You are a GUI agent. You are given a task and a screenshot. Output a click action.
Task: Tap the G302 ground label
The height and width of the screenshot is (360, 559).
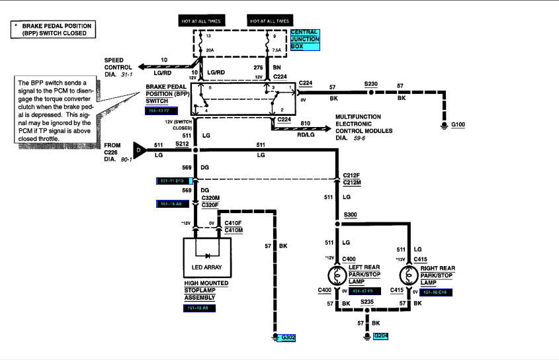click(x=288, y=337)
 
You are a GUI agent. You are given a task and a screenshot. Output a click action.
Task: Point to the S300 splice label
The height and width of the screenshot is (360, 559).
click(x=350, y=216)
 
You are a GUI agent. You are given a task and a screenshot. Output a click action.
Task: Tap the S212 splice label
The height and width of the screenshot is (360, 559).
click(x=182, y=144)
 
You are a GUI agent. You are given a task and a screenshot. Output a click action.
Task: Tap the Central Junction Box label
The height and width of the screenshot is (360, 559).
click(x=304, y=39)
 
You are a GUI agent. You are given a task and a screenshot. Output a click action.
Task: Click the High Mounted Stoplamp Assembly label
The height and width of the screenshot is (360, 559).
click(x=206, y=290)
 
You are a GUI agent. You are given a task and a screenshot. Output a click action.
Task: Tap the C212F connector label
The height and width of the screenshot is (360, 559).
click(x=351, y=175)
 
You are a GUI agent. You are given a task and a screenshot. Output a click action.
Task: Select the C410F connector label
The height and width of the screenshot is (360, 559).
click(x=234, y=224)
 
